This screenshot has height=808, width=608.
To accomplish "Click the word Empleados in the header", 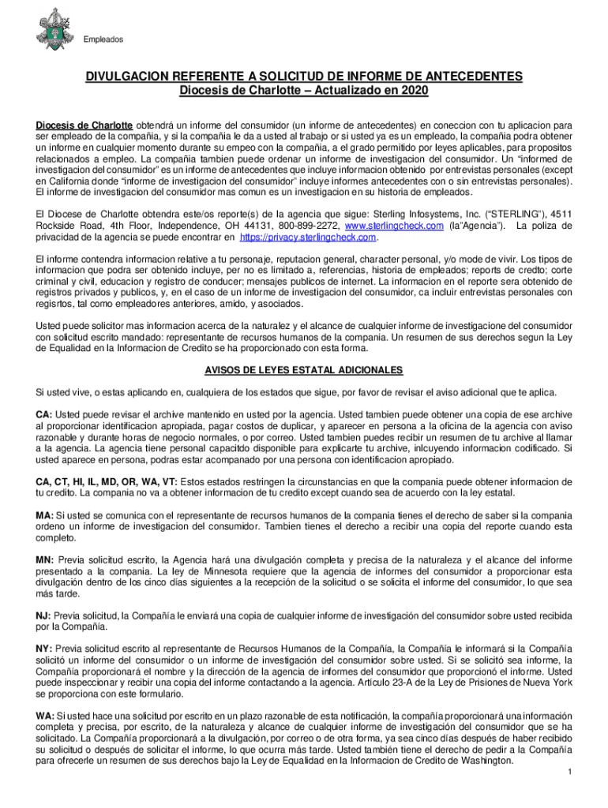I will (x=105, y=39).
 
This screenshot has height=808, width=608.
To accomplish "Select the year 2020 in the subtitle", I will (x=414, y=91).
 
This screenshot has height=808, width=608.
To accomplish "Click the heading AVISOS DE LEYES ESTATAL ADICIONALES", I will (x=304, y=370).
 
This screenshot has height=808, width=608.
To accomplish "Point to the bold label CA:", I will (x=44, y=414).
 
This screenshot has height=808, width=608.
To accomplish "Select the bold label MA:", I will (x=45, y=514).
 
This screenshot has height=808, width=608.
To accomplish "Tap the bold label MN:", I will (x=45, y=559).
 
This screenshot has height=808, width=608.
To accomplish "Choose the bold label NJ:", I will (x=44, y=615).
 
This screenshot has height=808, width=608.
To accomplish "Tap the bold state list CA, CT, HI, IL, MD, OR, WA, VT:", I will (x=107, y=481).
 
